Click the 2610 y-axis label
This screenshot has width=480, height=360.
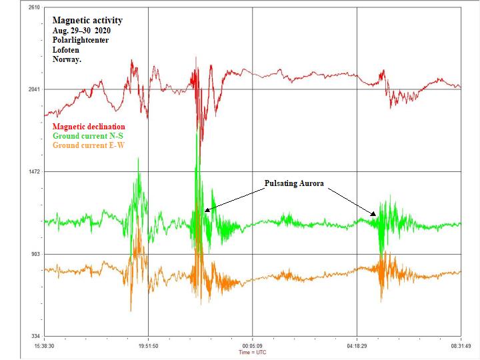pos(32,7)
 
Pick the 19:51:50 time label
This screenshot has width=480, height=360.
pos(148,346)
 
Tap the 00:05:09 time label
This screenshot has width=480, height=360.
pos(252,346)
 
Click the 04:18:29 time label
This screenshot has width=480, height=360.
pos(357,346)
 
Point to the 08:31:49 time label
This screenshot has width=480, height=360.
pos(461,346)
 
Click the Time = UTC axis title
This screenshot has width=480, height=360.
pos(253,352)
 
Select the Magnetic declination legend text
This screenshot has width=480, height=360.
pos(88,127)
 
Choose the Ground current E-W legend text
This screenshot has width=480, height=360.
pos(91,145)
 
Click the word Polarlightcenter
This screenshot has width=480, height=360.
pos(81,40)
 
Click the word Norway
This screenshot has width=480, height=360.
pos(67,59)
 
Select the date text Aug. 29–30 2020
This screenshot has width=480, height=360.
pos(83,31)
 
